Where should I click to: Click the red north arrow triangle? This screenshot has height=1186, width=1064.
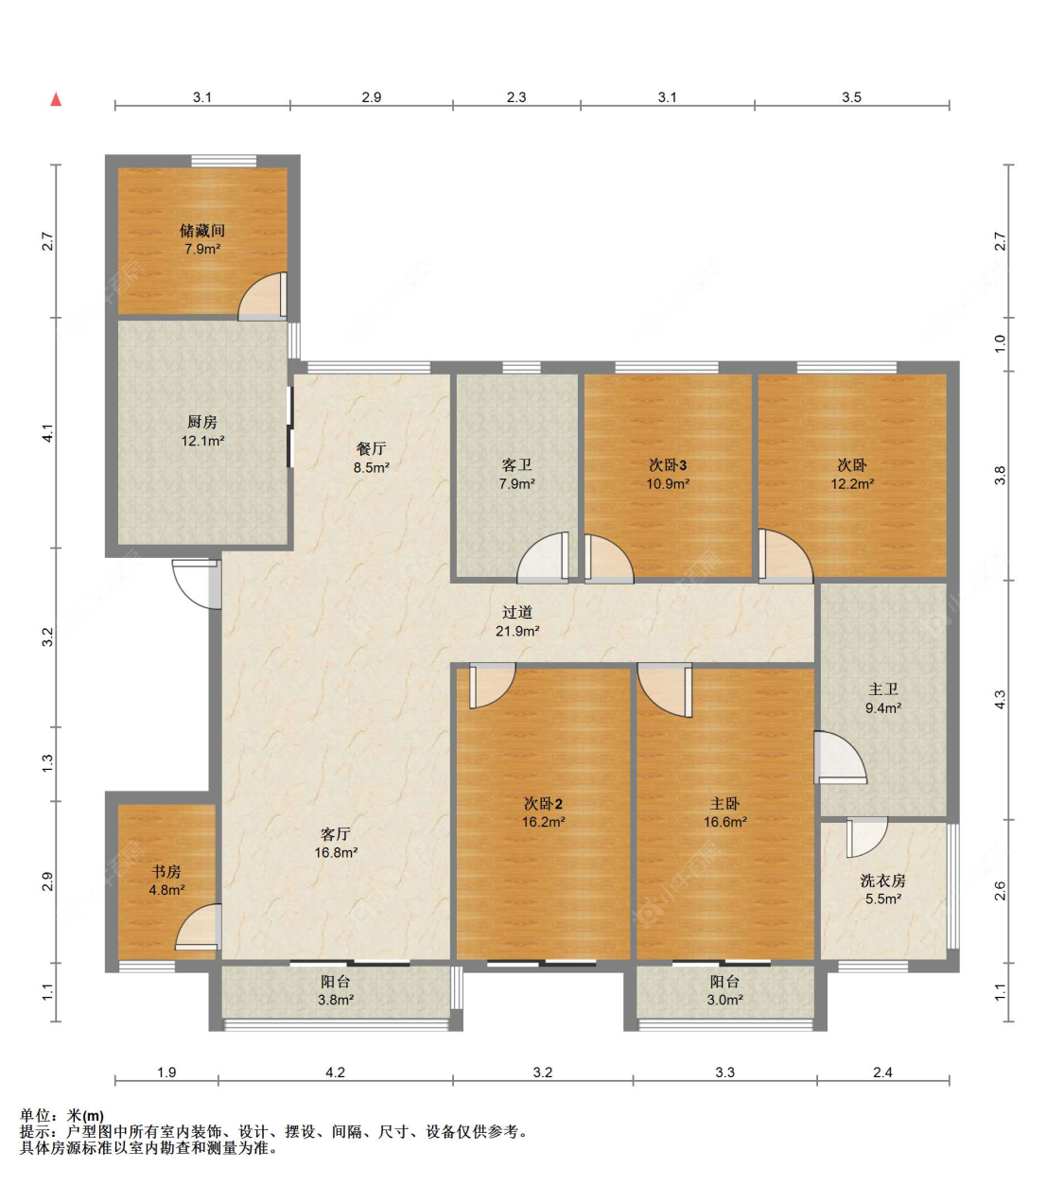pos(56,99)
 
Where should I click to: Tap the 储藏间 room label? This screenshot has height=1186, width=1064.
pos(202,231)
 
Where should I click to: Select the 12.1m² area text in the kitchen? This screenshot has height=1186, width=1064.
pos(202,441)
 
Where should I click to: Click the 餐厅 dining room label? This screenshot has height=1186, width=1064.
pos(372,448)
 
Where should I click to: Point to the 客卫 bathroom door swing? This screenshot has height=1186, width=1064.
pos(543,557)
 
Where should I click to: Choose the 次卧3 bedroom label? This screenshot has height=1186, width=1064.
pos(668,464)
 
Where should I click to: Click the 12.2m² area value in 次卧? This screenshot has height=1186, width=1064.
pos(852,483)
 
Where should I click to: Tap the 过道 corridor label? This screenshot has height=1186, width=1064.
pos(517,612)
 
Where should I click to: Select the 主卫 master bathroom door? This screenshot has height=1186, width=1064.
pos(840,758)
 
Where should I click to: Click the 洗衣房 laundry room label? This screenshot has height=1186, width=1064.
pos(883,881)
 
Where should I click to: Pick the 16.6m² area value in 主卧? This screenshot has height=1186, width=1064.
pos(725,822)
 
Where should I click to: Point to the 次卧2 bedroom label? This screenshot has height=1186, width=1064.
pos(543,804)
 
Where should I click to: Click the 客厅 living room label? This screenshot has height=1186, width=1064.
pos(336,833)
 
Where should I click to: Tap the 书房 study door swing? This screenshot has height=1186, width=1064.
pos(199,927)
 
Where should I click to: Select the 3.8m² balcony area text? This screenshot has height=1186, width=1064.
pos(336,1000)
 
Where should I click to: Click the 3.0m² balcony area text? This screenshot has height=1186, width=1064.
pos(725,1000)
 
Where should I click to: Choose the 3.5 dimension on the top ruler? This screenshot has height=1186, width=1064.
pos(851,97)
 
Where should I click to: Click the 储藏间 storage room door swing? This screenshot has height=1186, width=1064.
pos(262,296)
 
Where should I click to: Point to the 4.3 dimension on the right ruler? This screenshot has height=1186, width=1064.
pos(1001,700)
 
